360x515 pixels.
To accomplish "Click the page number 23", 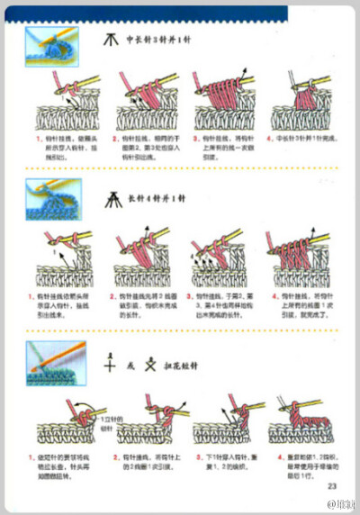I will pos(331,487).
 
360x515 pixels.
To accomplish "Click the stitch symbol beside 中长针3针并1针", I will pos(112,41).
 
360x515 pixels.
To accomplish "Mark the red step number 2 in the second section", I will pos(113,295).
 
